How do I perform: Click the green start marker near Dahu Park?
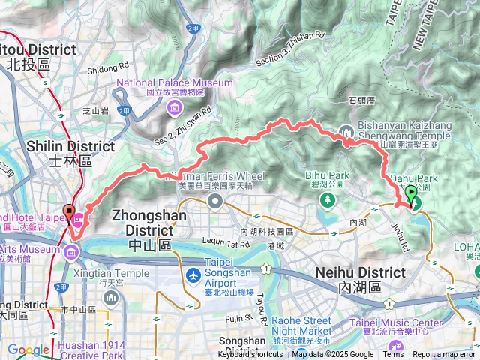411,196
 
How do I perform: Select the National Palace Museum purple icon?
175,106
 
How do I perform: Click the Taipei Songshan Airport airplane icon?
194,275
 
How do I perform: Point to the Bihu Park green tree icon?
327,201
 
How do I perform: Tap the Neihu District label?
350,278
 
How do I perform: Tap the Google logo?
28,349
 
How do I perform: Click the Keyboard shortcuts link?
250,355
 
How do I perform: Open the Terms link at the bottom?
393,355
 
